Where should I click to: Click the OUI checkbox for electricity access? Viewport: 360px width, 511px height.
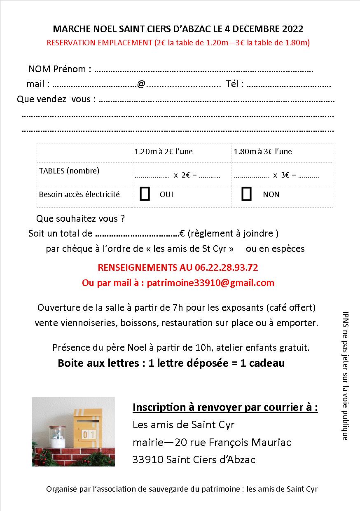pyautogui.click(x=145, y=194)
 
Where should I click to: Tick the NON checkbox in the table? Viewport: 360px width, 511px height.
pyautogui.click(x=246, y=194)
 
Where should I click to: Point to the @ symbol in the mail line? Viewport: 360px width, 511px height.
pyautogui.click(x=141, y=84)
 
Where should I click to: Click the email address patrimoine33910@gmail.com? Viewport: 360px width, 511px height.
pyautogui.click(x=210, y=283)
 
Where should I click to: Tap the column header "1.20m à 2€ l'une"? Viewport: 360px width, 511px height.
pyautogui.click(x=163, y=151)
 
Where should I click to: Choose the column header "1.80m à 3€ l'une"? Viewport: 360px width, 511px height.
pyautogui.click(x=262, y=151)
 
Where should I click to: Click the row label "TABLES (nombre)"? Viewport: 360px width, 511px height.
pyautogui.click(x=69, y=171)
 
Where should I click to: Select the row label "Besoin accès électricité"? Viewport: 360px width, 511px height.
pyautogui.click(x=79, y=194)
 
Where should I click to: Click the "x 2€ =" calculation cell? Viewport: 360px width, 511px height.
pyautogui.click(x=178, y=175)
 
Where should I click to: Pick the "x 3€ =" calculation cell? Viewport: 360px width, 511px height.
pyautogui.click(x=277, y=175)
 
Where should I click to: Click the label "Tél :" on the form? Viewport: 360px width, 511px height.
pyautogui.click(x=235, y=84)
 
